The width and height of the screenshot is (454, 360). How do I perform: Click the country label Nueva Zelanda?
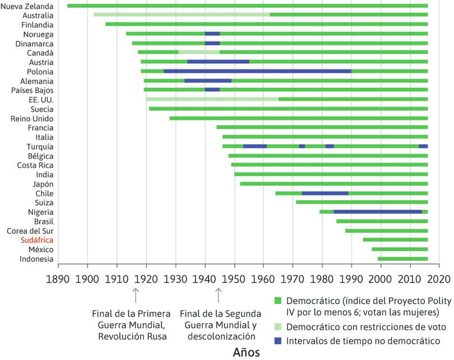pos(27,6)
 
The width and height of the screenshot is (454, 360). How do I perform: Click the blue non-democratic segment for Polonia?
pos(257,71)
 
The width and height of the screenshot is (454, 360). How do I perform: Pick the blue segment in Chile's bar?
pos(325,193)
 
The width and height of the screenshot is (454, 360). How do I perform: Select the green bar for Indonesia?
pos(402,259)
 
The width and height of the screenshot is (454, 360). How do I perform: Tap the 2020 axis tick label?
pos(440,279)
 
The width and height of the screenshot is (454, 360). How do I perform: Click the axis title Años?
pos(247,352)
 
